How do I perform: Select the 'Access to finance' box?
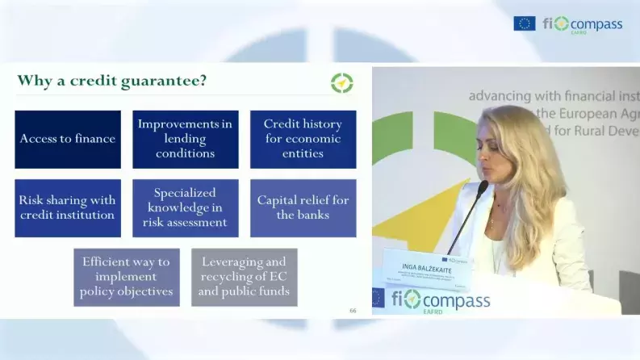[68, 139]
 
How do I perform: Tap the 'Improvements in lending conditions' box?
[186, 139]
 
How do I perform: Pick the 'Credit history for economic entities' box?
[303, 139]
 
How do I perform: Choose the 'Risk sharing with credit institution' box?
[68, 207]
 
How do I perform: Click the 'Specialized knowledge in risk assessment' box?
[186, 207]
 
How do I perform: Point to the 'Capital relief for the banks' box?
[303, 207]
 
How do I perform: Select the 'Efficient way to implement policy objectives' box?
[127, 277]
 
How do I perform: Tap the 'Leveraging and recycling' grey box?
[244, 277]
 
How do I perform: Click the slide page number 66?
[353, 310]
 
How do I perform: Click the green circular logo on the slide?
[341, 82]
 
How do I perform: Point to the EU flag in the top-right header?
[524, 23]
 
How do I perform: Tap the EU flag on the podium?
[378, 297]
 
